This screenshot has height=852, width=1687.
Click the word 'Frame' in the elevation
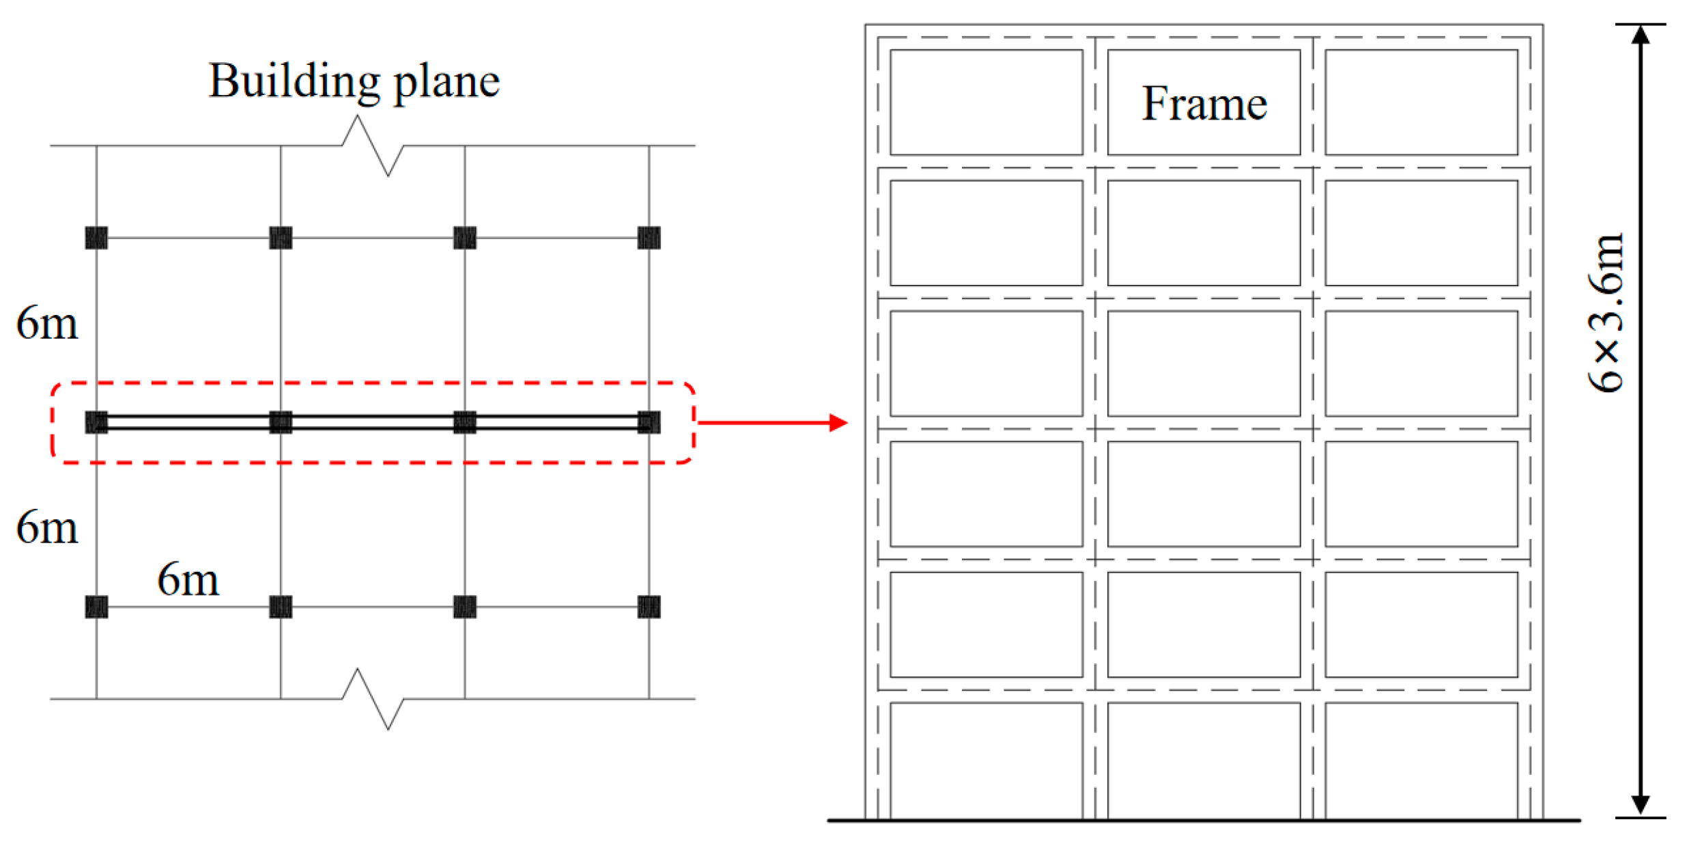(1204, 104)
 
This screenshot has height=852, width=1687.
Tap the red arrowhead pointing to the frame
(838, 423)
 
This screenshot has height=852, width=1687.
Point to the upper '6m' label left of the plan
(47, 323)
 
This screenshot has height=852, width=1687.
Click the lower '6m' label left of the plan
(47, 527)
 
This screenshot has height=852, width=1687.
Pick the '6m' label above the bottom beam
(188, 580)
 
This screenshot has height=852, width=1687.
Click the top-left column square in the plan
(96, 238)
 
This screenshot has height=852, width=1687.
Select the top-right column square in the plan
(649, 238)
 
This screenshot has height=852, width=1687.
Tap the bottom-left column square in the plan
(96, 607)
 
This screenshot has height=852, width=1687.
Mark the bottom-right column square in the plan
(649, 607)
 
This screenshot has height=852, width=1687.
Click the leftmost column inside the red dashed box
(96, 422)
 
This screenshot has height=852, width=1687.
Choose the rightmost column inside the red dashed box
(649, 422)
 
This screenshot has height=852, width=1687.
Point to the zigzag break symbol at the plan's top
(373, 146)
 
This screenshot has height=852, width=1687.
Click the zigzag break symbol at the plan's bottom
(373, 699)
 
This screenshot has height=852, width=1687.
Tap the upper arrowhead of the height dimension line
(1641, 34)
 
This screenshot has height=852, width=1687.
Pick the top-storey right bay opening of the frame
(1421, 102)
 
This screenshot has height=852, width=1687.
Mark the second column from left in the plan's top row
(281, 238)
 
